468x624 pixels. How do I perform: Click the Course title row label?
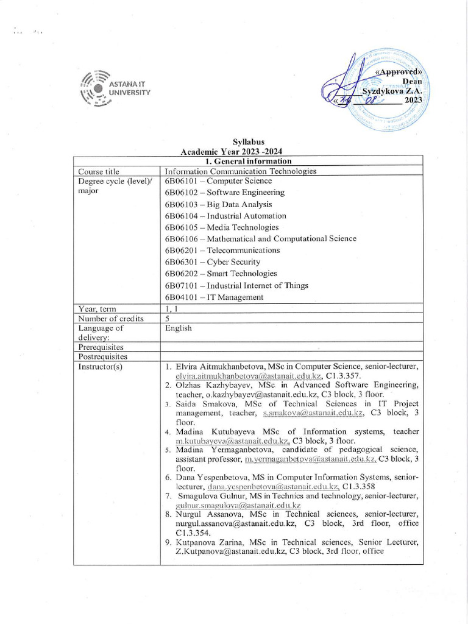tap(99, 171)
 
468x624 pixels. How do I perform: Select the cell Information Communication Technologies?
tap(241, 171)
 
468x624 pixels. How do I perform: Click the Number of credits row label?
tap(111, 318)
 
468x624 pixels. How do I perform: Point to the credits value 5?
tap(167, 318)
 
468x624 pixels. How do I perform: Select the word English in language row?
tap(178, 328)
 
